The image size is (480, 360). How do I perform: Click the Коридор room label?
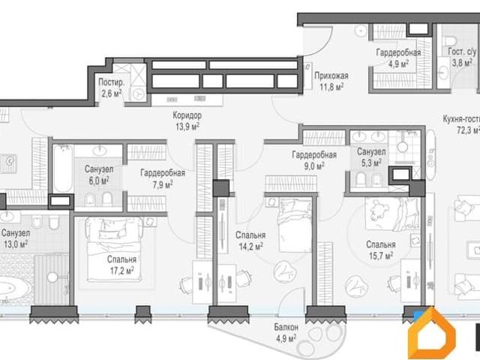(x=187, y=115)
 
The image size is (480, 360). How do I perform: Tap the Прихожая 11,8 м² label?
(x=331, y=82)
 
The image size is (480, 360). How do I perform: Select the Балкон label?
(x=286, y=327)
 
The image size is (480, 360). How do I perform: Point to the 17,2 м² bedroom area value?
(x=121, y=271)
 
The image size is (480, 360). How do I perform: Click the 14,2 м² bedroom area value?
(x=250, y=246)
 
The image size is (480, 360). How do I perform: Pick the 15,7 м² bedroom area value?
(x=381, y=255)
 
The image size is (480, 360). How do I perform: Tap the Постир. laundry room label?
(x=112, y=82)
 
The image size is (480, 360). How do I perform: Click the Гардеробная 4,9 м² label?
(x=398, y=58)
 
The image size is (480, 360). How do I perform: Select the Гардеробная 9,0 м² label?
(x=314, y=160)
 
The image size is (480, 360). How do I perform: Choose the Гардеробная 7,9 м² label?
(x=163, y=178)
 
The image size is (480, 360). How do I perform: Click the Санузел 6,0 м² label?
(x=99, y=175)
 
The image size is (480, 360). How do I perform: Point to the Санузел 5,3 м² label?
(x=371, y=157)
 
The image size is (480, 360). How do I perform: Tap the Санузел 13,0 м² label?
(x=16, y=238)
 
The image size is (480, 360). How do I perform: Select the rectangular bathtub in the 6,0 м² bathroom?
(x=62, y=169)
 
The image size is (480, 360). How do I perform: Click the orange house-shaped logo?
(x=432, y=333)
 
